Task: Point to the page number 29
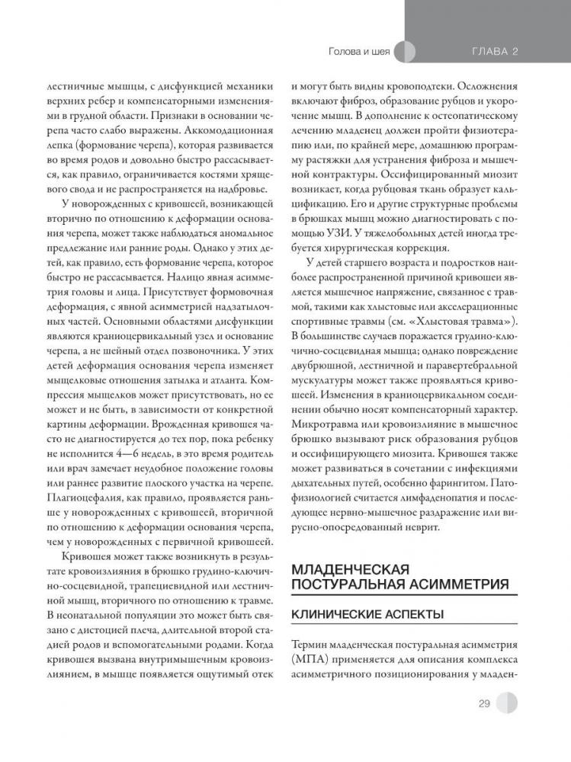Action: [x=485, y=703]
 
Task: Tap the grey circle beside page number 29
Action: [x=505, y=703]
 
